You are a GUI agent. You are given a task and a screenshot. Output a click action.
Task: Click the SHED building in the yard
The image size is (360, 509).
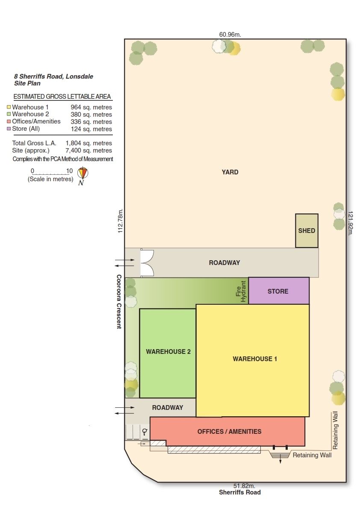[x=307, y=230]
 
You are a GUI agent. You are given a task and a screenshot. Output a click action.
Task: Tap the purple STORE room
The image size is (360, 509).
[x=278, y=291]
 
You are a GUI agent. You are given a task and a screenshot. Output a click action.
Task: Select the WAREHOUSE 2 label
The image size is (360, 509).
[x=168, y=352]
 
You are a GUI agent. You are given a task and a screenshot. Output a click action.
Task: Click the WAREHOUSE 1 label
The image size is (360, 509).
[x=255, y=359]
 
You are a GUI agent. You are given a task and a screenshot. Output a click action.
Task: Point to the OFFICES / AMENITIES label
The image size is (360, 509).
[x=229, y=431]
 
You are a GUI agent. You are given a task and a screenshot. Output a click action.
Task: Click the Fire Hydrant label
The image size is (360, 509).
[x=241, y=291]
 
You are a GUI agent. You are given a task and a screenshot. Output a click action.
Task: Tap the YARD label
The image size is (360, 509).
[x=230, y=172]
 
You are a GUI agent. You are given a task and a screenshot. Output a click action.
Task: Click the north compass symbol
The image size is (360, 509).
[x=83, y=173]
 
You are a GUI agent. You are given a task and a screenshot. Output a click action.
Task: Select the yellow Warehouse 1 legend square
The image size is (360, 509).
[x=9, y=107]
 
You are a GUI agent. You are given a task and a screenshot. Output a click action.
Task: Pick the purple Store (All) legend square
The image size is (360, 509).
[x=9, y=129]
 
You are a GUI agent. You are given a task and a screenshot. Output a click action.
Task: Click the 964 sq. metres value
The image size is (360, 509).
[x=91, y=107]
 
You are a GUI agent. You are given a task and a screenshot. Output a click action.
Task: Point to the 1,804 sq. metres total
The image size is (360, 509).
[x=89, y=143]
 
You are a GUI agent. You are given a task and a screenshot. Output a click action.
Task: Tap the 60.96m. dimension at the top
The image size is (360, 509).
[x=230, y=35]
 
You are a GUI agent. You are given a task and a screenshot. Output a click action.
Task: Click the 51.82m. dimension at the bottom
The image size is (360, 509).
[x=244, y=486]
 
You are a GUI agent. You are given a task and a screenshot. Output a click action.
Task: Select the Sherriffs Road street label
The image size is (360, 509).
[x=240, y=492]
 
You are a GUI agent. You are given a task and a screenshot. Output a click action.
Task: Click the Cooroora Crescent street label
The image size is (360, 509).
[x=119, y=302]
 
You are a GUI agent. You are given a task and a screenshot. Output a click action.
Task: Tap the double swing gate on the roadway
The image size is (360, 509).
[x=147, y=262]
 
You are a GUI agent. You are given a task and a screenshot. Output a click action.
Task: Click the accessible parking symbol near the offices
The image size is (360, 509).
[x=145, y=432]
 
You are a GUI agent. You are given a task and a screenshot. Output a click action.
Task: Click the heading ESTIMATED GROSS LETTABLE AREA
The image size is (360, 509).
[x=62, y=97]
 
